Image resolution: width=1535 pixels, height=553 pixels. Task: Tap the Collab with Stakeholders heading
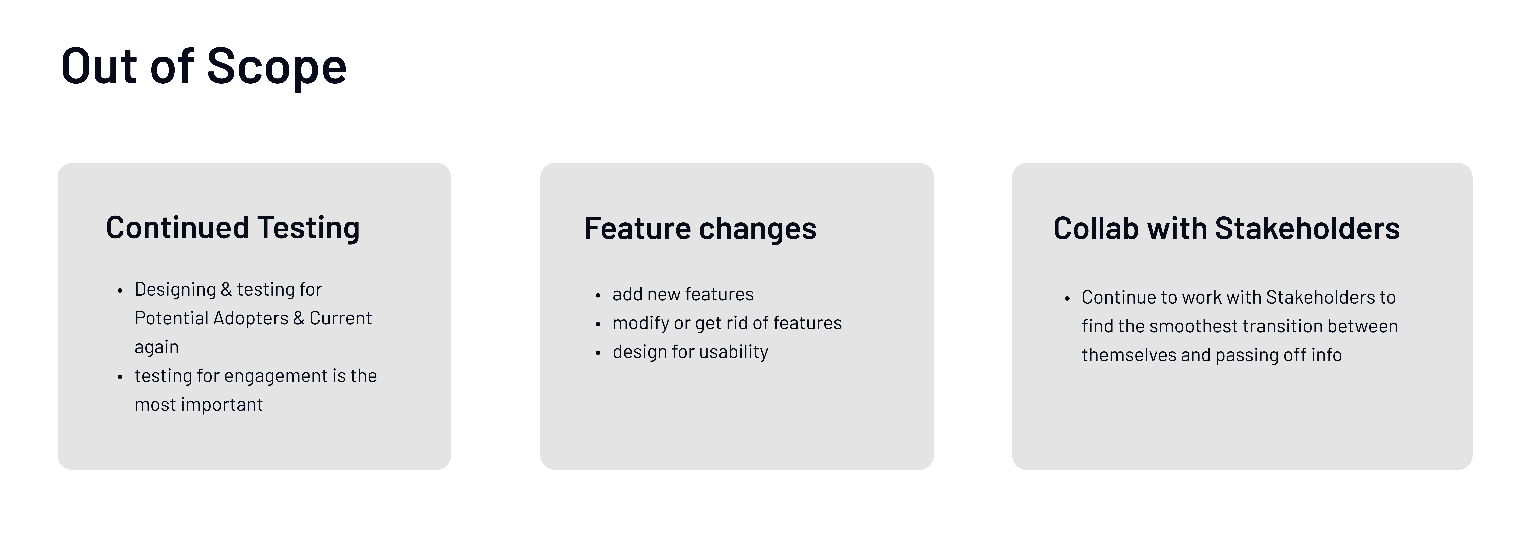1226,228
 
